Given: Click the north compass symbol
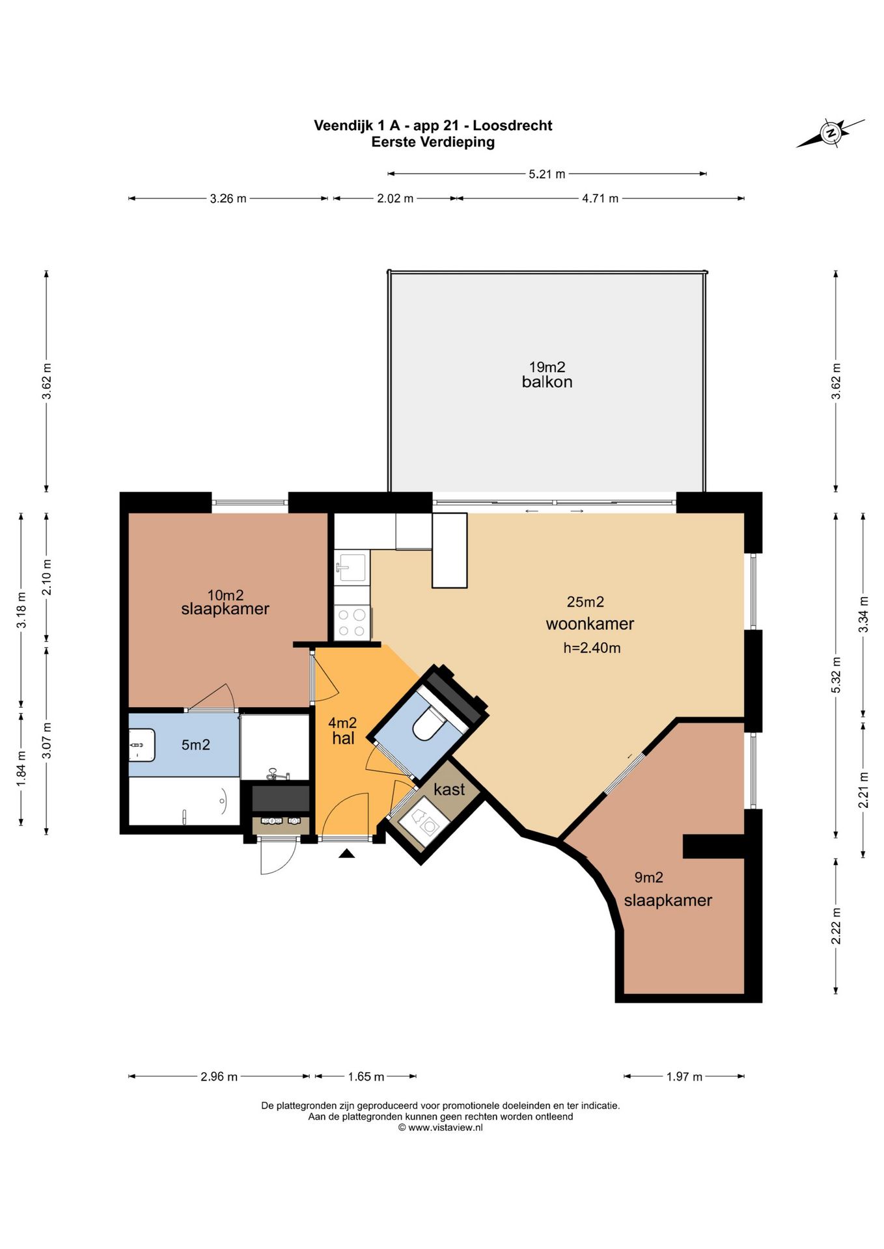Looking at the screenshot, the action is [x=831, y=133].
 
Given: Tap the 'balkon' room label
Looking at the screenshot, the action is [x=547, y=382].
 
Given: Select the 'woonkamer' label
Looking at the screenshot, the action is [x=590, y=624].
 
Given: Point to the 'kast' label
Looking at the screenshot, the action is [x=449, y=789].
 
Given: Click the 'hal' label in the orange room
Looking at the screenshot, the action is [x=343, y=738].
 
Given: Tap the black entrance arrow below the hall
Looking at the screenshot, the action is [x=346, y=853].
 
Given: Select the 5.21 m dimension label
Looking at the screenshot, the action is [x=547, y=174].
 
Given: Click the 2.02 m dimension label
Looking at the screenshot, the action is [x=395, y=198].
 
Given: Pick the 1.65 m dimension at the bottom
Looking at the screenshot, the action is [x=366, y=1077].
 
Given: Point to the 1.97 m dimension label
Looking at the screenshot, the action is [x=684, y=1077].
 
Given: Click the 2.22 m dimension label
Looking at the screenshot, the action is [x=836, y=926].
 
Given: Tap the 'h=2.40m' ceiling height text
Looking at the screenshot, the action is [x=592, y=648].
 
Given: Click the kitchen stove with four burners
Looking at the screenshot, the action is [x=352, y=622].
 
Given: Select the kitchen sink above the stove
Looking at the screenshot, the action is [x=352, y=567].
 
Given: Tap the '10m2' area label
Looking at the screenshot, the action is [x=225, y=595].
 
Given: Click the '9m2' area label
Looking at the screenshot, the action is [x=648, y=878].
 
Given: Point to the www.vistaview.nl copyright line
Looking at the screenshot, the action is [x=441, y=1128].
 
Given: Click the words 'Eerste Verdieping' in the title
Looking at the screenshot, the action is [x=433, y=142].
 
